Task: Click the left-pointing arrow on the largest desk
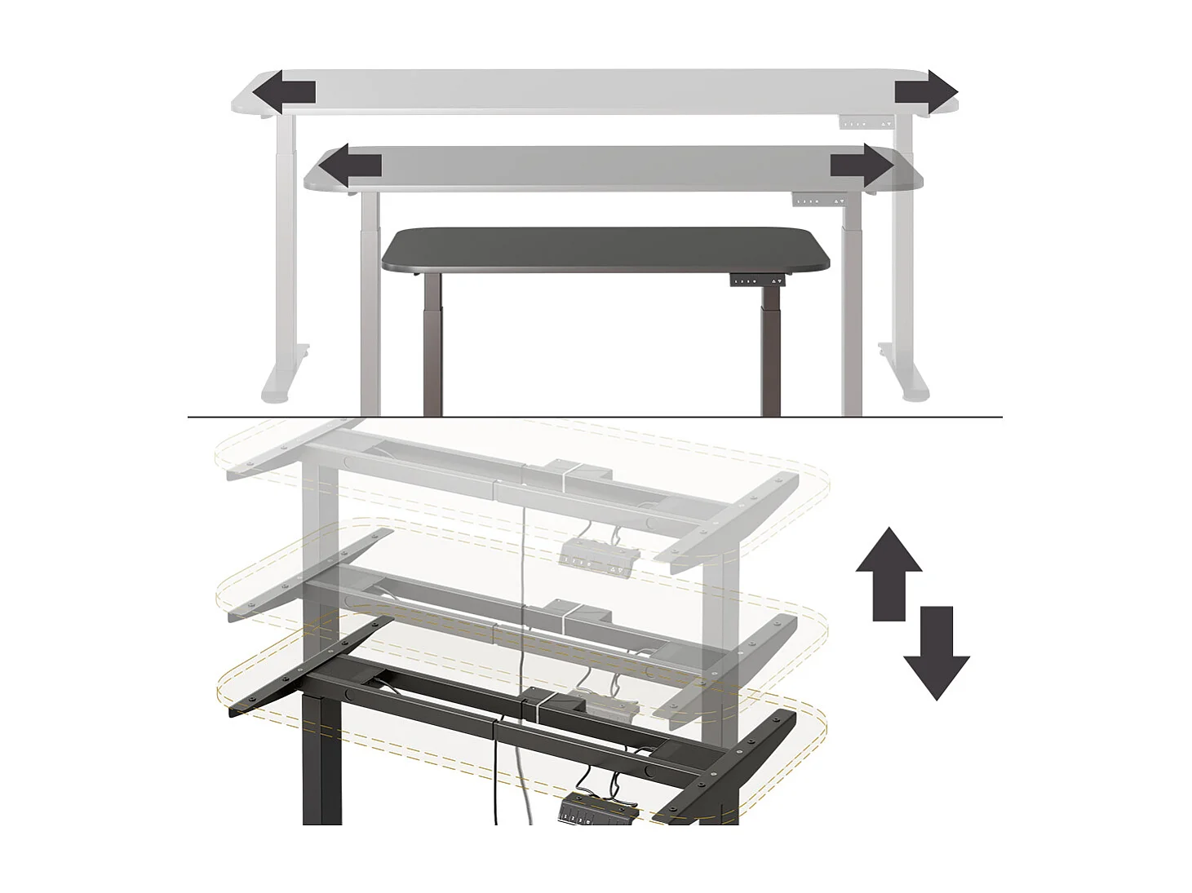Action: click(x=282, y=92)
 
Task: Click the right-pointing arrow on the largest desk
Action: click(x=926, y=92)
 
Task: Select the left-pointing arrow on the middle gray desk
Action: click(x=349, y=166)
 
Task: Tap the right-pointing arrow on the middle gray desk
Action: click(x=862, y=166)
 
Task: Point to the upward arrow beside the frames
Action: click(x=888, y=572)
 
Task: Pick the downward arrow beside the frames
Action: click(x=937, y=652)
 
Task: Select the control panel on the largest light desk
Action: click(x=866, y=124)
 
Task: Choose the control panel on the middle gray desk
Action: click(x=819, y=201)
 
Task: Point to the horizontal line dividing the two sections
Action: click(x=596, y=418)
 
